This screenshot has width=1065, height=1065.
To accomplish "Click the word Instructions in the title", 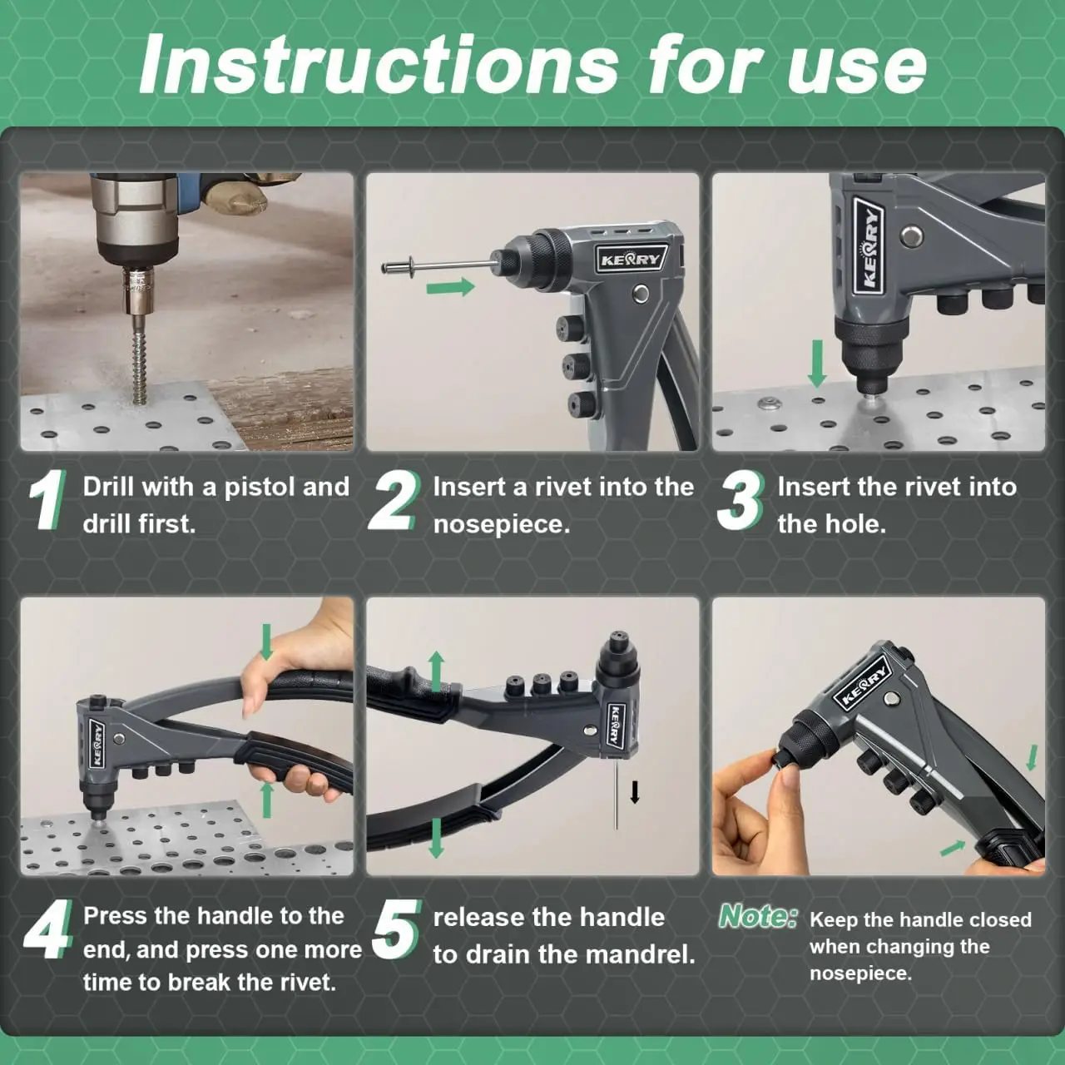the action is [379, 65].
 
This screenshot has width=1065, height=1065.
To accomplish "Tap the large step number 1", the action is [48, 499].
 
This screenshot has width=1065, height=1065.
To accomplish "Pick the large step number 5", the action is [396, 929].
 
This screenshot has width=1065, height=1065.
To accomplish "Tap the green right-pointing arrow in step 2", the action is [450, 287].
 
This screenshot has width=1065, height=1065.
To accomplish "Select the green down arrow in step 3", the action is [817, 363].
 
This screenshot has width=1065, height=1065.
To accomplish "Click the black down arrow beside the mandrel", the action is [635, 792].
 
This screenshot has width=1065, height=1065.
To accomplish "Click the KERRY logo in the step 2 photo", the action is [632, 260].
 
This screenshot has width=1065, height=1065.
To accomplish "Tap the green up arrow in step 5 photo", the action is [437, 671].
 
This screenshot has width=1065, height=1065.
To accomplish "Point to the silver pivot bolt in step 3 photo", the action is [910, 236].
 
